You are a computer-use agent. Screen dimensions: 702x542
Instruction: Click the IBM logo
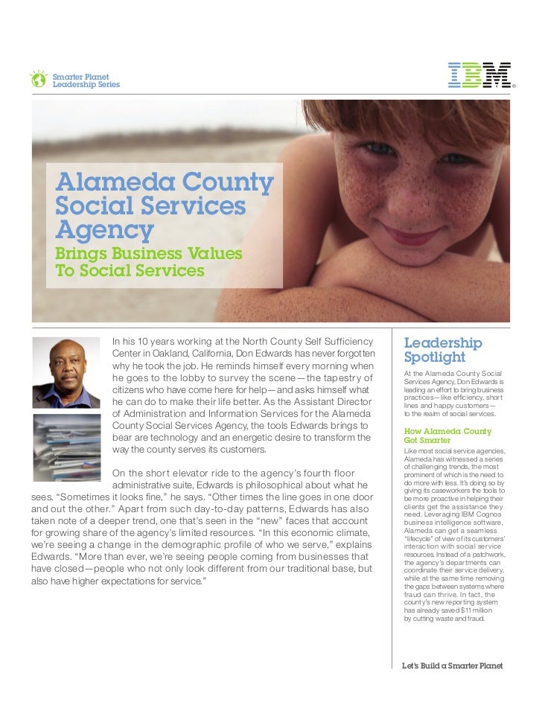pyautogui.click(x=479, y=75)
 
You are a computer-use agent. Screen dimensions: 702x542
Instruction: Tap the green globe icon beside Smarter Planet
pyautogui.click(x=38, y=79)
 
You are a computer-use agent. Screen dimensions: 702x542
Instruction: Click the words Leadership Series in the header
pyautogui.click(x=86, y=85)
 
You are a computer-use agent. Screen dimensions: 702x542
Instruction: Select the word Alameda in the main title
pyautogui.click(x=107, y=182)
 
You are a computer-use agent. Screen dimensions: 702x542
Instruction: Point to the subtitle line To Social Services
pyautogui.click(x=130, y=271)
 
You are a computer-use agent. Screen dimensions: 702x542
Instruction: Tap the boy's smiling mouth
pyautogui.click(x=410, y=235)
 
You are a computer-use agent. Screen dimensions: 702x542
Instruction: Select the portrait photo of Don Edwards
pyautogui.click(x=66, y=373)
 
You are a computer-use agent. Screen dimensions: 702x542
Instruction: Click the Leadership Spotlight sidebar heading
pyautogui.click(x=442, y=350)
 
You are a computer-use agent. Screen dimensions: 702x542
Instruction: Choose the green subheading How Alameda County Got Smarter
pyautogui.click(x=447, y=435)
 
